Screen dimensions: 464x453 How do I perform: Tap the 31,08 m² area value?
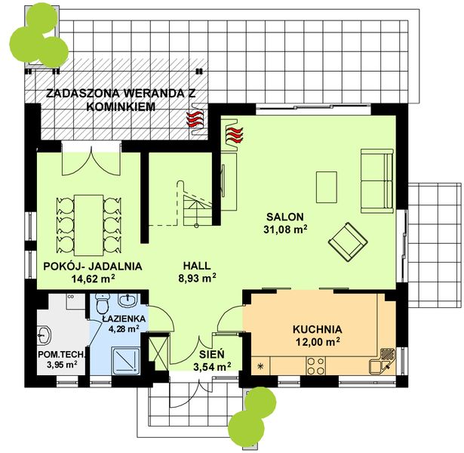[x=285, y=230]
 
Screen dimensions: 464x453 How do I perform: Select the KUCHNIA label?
[x=317, y=329]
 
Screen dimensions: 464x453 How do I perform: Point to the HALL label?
[x=197, y=266]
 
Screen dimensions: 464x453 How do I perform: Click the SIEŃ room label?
[x=212, y=354]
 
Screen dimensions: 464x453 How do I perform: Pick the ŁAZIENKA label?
[x=124, y=319]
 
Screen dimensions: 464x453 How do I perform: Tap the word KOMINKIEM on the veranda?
[x=121, y=106]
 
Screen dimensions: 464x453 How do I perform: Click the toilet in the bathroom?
[x=103, y=304]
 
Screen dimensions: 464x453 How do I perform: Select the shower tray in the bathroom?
[x=125, y=361]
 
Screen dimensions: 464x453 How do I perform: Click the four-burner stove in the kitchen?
[x=315, y=366]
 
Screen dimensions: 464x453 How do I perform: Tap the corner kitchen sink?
[x=383, y=361]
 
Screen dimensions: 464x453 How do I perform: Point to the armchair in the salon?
[x=348, y=242]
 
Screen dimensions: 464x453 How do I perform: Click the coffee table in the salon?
[x=327, y=187]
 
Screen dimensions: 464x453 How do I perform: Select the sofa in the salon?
[x=377, y=180]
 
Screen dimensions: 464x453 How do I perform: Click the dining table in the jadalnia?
[x=89, y=225]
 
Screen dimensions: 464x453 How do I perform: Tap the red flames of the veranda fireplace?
[x=195, y=119]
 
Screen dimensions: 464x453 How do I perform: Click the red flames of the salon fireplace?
[x=234, y=135]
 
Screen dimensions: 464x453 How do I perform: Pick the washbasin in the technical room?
[x=44, y=335]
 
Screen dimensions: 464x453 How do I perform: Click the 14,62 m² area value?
[x=94, y=279]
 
